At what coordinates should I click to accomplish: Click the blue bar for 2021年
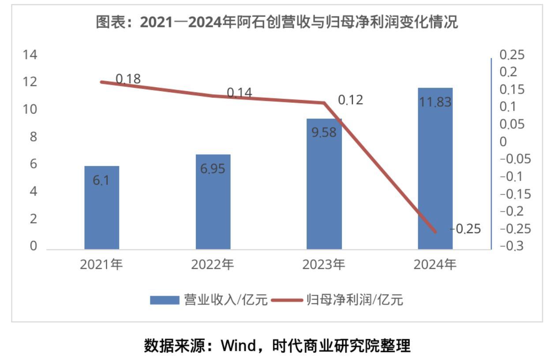coord(101,208)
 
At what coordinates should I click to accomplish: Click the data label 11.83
coord(435,102)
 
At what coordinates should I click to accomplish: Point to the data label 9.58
coord(324,132)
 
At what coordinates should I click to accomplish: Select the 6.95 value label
coord(213,168)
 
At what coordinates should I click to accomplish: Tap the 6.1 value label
coord(101,180)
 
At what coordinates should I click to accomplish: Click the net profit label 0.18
coord(128,79)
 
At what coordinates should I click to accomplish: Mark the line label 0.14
coord(239,93)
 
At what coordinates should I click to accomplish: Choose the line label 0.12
coord(351,100)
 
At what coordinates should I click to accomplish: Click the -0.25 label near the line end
coord(465,229)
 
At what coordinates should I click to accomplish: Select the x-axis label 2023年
coord(324,264)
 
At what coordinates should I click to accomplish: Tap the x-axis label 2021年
coord(101,264)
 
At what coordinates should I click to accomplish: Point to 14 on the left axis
coord(30,55)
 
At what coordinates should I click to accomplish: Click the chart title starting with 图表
coord(277,22)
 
